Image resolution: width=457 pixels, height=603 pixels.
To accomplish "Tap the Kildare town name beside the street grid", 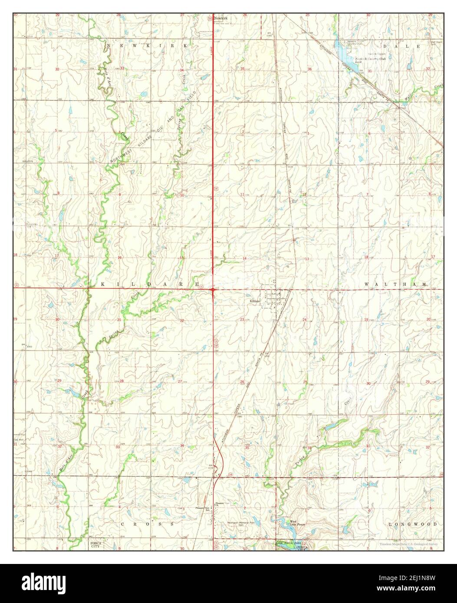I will click(254, 301).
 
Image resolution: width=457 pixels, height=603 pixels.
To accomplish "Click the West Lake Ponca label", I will click(293, 523).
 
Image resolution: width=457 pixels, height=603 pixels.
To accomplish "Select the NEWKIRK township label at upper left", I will click(148, 46).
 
